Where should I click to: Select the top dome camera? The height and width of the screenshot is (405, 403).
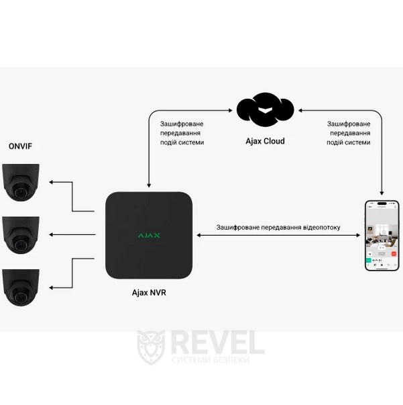click(21, 182)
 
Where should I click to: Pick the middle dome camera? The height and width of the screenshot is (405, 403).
click(21, 234)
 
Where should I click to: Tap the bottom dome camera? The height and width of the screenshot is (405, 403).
click(21, 287)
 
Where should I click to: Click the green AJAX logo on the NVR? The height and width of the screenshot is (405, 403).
click(149, 235)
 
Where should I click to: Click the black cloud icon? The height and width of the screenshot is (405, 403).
click(266, 109)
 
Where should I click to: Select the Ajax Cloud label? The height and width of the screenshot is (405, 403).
click(265, 141)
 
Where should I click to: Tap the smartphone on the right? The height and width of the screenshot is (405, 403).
click(381, 234)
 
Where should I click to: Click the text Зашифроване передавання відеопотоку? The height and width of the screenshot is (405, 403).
click(278, 228)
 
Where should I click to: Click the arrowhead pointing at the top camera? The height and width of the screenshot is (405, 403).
click(53, 182)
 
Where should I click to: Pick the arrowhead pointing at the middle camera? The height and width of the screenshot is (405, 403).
click(53, 234)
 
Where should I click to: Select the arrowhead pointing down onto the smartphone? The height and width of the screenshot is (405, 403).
click(382, 193)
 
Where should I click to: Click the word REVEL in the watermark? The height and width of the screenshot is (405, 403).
click(217, 343)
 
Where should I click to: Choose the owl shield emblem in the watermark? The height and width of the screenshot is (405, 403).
click(150, 347)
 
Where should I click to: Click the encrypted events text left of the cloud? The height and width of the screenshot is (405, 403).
click(182, 133)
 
